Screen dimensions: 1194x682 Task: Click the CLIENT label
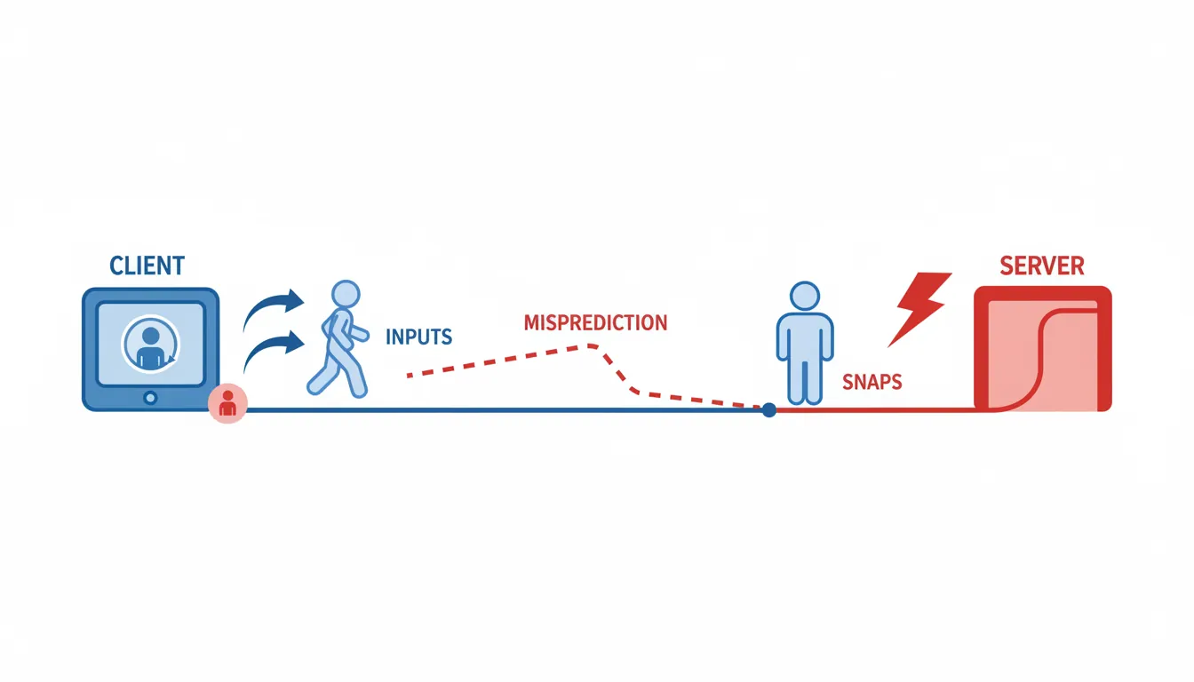tap(147, 265)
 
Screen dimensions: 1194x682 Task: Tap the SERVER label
tap(1042, 265)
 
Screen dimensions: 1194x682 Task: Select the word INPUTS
tap(419, 337)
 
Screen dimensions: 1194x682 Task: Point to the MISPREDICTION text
tap(595, 322)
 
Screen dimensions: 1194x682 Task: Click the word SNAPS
tap(872, 383)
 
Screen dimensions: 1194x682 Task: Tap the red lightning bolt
tap(918, 307)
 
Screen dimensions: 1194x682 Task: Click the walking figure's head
tap(344, 295)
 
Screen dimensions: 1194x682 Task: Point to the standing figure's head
tap(804, 297)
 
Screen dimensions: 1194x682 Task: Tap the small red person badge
tap(227, 404)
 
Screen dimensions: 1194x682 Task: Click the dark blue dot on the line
tap(769, 409)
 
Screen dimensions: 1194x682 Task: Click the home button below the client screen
tap(150, 398)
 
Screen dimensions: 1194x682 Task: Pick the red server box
tap(1043, 348)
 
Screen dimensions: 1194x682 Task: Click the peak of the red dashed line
tap(586, 346)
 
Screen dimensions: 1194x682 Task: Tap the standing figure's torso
tap(804, 337)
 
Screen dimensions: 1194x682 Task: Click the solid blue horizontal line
tap(497, 409)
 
